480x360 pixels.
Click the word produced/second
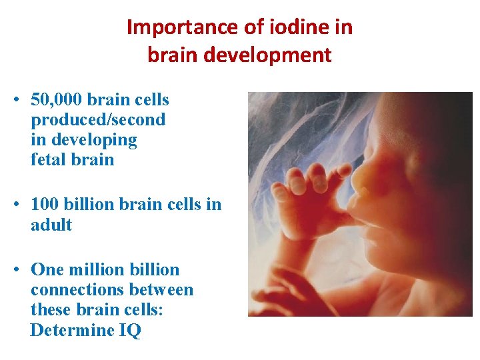click(x=98, y=120)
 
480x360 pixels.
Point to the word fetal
click(x=49, y=160)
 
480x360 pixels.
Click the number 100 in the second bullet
click(x=44, y=205)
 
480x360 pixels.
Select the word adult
click(x=51, y=225)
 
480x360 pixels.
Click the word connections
click(x=73, y=289)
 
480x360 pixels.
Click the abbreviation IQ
click(x=131, y=330)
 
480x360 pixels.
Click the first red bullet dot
click(x=14, y=101)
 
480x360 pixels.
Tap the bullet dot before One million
click(x=14, y=270)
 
